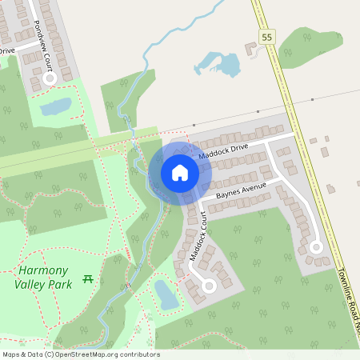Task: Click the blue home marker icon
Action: (180, 172)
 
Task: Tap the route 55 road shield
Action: (266, 36)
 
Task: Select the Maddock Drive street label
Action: (224, 150)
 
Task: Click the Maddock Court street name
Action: (198, 235)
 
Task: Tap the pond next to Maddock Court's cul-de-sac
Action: (167, 294)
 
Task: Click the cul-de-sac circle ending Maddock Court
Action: (210, 285)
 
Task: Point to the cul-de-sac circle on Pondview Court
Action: (50, 79)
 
